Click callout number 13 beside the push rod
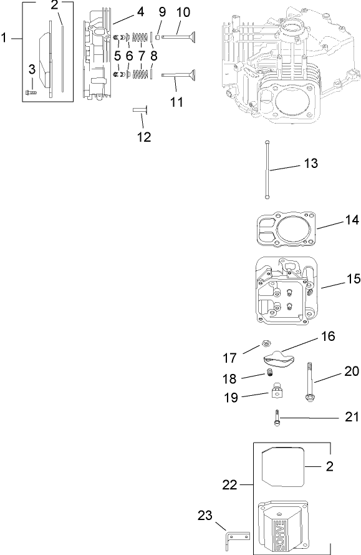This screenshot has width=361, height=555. (310, 164)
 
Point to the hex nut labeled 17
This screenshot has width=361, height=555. (264, 343)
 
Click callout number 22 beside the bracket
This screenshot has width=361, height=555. (229, 484)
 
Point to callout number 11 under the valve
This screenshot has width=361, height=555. (177, 101)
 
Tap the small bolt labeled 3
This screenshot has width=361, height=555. (30, 94)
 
